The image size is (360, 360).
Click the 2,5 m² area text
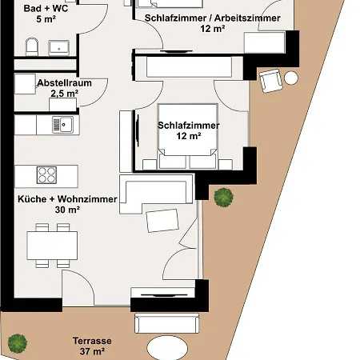64,94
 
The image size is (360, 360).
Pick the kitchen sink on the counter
62,124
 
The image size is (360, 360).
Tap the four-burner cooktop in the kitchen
46,174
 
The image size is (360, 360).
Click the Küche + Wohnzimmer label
67,199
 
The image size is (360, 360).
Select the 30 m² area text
67,210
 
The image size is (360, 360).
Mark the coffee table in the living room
162,219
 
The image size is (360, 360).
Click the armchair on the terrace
271,79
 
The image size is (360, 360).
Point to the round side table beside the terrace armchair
291,78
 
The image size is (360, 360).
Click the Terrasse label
92,341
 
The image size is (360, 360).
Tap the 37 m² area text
92,351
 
